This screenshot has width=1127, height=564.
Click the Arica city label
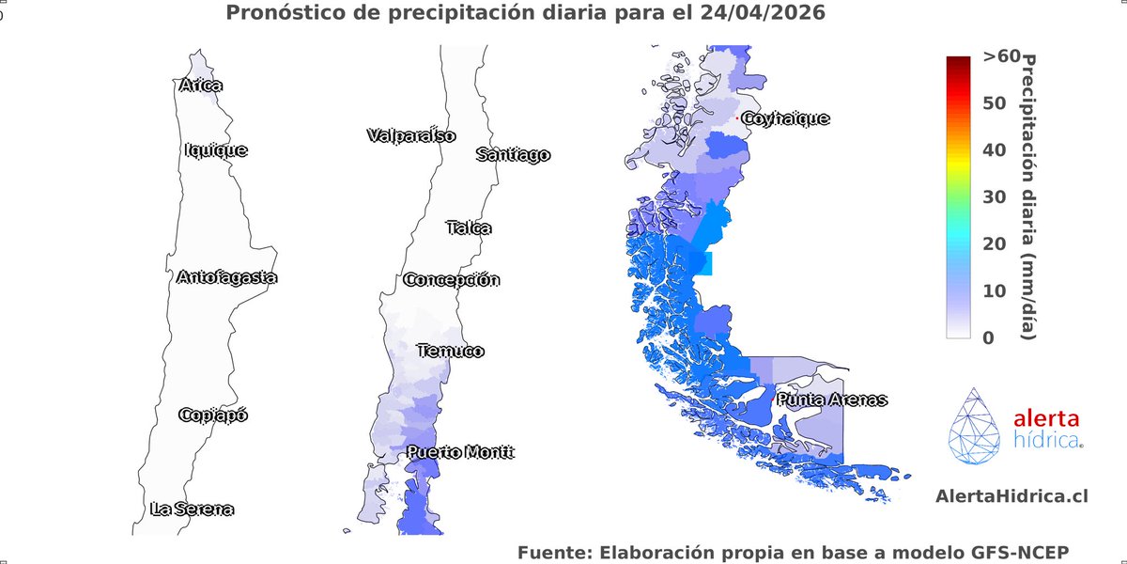click(200, 86)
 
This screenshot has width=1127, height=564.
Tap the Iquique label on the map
click(216, 149)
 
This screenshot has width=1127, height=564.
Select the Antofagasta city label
click(226, 277)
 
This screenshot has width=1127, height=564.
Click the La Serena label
click(192, 509)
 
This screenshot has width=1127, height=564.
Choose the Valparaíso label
click(410, 135)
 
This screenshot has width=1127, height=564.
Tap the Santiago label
click(513, 155)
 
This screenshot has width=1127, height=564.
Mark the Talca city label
click(469, 227)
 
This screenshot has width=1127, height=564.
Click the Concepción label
click(452, 279)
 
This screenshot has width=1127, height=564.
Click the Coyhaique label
click(785, 118)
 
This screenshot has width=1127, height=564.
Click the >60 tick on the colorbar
click(1001, 56)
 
